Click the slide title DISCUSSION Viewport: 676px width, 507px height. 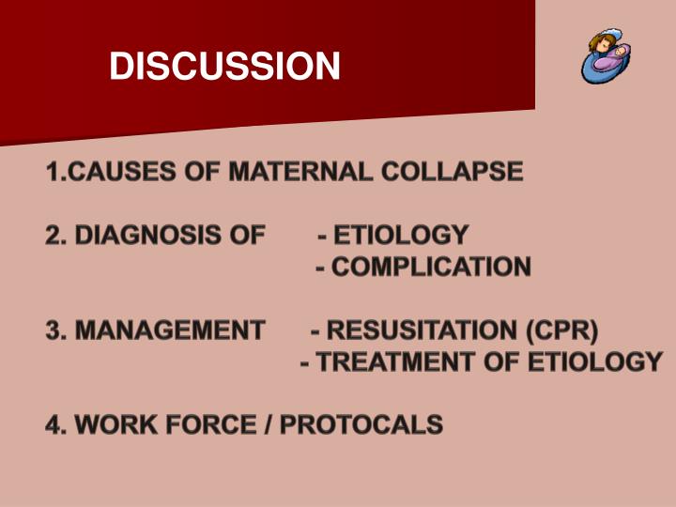point(224,66)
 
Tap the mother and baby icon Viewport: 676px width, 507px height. point(601,57)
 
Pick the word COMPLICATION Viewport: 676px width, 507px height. point(431,267)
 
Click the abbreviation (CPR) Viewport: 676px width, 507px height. point(561,330)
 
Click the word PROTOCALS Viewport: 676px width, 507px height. point(361,424)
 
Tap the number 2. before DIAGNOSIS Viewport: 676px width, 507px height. point(56,235)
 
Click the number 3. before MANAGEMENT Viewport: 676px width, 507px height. point(56,330)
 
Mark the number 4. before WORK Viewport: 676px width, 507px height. point(56,424)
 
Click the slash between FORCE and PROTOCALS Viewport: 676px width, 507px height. point(269,424)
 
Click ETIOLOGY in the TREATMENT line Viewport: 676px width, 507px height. point(597,361)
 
